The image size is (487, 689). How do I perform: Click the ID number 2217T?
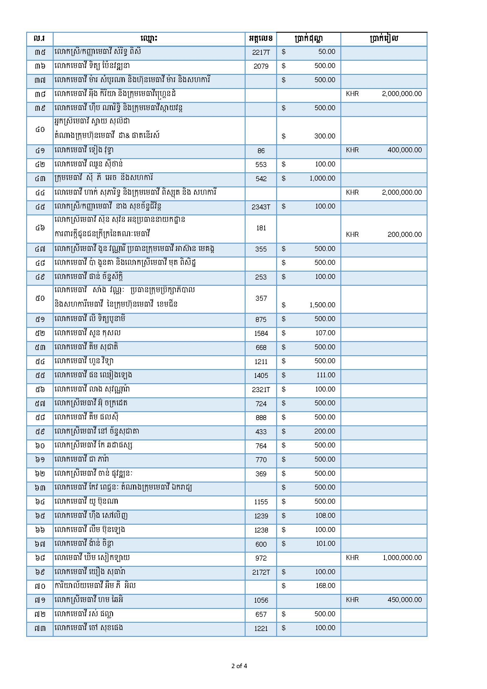click(261, 52)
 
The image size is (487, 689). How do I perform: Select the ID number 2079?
click(261, 66)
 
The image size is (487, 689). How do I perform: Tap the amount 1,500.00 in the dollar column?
click(322, 305)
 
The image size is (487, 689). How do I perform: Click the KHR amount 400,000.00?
click(404, 150)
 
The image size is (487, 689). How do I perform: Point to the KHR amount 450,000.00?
click(404, 599)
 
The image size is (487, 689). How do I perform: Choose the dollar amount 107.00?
click(325, 333)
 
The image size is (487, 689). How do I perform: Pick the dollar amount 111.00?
click(326, 375)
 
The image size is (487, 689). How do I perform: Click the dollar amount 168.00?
click(325, 586)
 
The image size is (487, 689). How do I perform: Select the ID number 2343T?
click(261, 207)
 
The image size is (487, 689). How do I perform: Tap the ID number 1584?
click(261, 333)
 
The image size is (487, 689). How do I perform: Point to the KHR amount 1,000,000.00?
click(402, 558)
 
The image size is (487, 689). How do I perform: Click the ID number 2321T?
click(261, 390)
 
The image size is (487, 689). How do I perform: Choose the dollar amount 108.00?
click(325, 515)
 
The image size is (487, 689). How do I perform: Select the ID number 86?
click(261, 151)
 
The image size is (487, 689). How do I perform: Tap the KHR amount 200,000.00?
click(404, 234)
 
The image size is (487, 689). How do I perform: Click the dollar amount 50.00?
click(327, 52)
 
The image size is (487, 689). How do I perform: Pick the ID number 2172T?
click(261, 572)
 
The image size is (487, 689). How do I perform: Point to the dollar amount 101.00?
click(325, 543)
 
